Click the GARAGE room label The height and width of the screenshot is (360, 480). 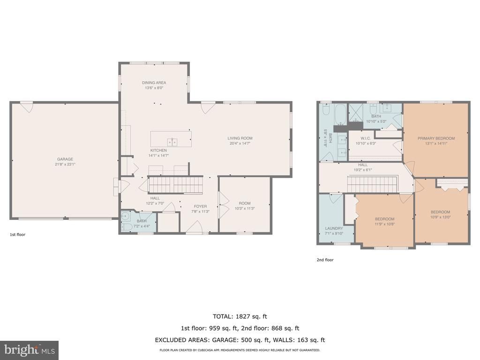click(65, 159)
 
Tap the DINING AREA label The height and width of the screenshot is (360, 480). click(154, 82)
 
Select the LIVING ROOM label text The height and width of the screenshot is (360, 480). click(240, 138)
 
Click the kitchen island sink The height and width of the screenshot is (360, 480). click(172, 142)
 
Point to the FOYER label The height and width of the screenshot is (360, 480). click(201, 206)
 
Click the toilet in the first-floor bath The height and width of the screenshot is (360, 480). click(124, 227)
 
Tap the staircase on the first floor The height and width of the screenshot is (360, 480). click(175, 185)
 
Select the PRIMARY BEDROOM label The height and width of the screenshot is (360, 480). click(436, 138)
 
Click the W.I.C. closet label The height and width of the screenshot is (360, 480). click(366, 138)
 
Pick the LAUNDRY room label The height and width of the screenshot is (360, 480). click(334, 228)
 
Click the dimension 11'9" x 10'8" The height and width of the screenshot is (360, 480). click(385, 224)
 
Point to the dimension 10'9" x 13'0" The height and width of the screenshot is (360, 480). click(441, 217)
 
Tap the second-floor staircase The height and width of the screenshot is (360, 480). click(372, 184)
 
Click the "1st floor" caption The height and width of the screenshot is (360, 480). click(17, 234)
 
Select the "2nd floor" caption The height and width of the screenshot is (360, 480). click(325, 260)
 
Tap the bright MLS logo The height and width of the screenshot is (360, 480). click(29, 350)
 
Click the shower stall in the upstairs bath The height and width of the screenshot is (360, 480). click(356, 113)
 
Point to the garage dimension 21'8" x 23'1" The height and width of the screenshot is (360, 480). click(65, 165)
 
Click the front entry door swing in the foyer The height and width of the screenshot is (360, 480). click(195, 227)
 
